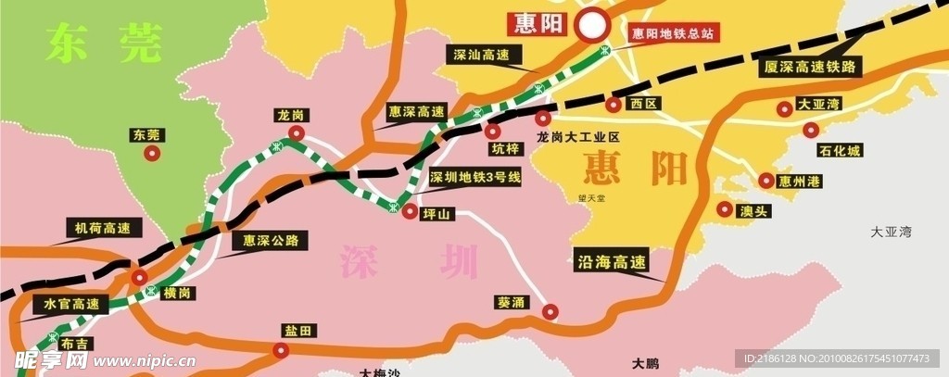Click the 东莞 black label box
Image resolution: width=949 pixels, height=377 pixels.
(x=146, y=135)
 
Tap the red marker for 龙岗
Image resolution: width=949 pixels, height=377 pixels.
(x=296, y=134)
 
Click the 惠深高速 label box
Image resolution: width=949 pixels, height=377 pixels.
(x=417, y=110)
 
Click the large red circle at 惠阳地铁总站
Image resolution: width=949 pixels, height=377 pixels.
(x=591, y=26)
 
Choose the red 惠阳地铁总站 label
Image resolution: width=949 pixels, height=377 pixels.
(x=673, y=33)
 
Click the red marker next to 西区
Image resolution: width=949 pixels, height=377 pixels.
(x=614, y=105)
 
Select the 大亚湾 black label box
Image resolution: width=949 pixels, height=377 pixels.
(x=818, y=106)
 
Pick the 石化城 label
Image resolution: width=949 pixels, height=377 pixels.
(x=840, y=150)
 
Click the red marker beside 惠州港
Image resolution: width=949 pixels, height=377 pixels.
(x=766, y=181)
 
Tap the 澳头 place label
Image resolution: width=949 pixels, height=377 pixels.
(x=753, y=211)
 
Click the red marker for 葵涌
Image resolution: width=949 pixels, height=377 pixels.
(x=550, y=312)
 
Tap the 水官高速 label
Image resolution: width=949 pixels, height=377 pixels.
(x=71, y=303)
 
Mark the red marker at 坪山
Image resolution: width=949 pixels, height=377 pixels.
(x=410, y=212)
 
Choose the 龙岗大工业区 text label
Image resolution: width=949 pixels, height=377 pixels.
(x=576, y=136)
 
